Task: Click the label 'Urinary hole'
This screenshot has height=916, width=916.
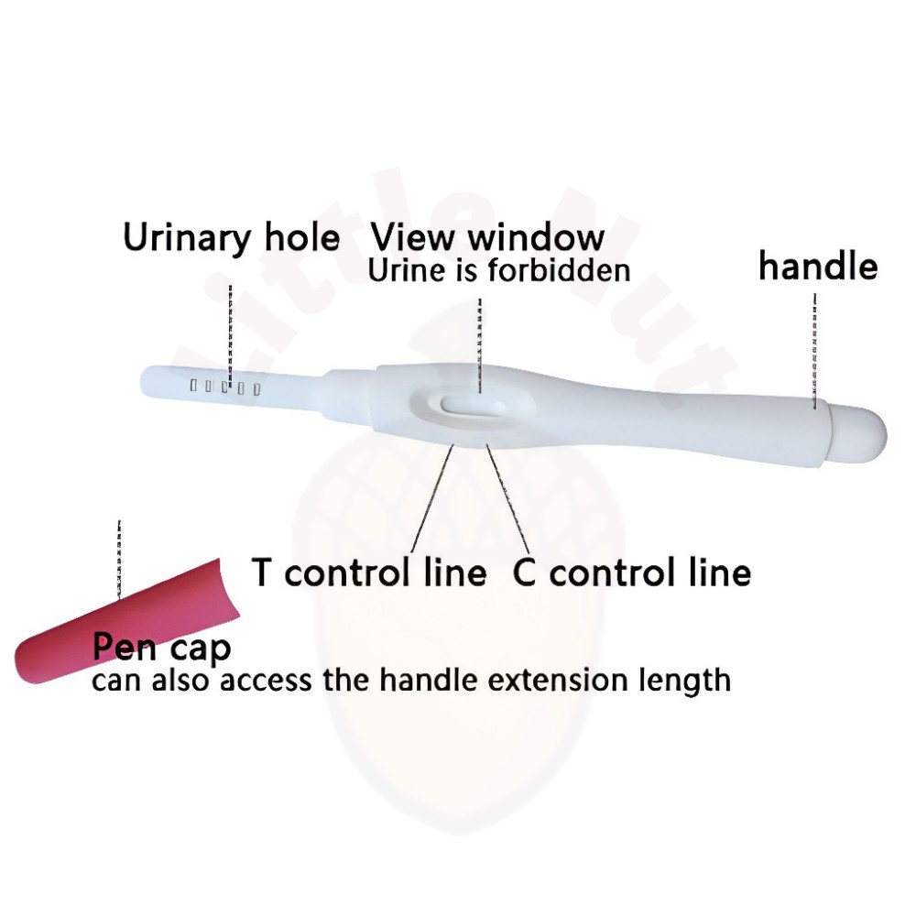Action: [x=231, y=238]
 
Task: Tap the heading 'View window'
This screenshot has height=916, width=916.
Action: [x=487, y=236]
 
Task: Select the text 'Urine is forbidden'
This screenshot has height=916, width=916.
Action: [x=498, y=270]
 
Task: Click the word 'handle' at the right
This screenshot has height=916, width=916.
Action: [x=818, y=267]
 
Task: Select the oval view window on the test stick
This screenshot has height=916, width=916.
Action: [x=470, y=405]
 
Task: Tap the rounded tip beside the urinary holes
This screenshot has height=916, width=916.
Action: [x=153, y=380]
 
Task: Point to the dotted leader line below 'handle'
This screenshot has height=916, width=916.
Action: [x=813, y=348]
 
